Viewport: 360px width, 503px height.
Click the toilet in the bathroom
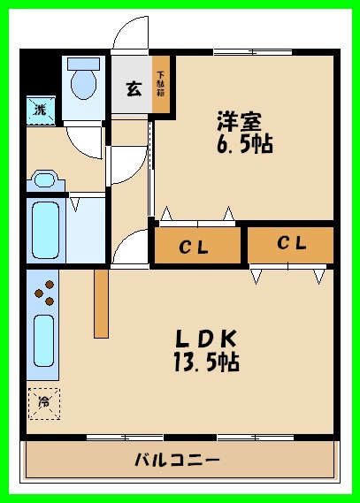click(x=84, y=80)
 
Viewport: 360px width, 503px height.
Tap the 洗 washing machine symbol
click(x=40, y=110)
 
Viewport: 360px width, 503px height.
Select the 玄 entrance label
click(x=133, y=88)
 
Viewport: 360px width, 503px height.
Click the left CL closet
click(x=197, y=247)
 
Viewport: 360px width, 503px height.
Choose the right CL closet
click(x=291, y=244)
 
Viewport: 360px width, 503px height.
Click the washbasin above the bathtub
click(x=42, y=180)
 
